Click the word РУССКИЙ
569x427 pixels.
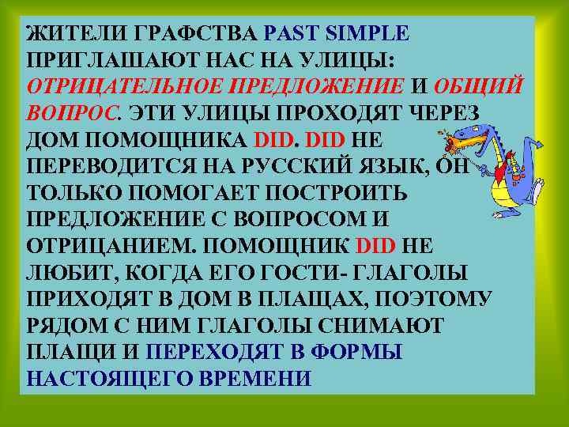[309, 168]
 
